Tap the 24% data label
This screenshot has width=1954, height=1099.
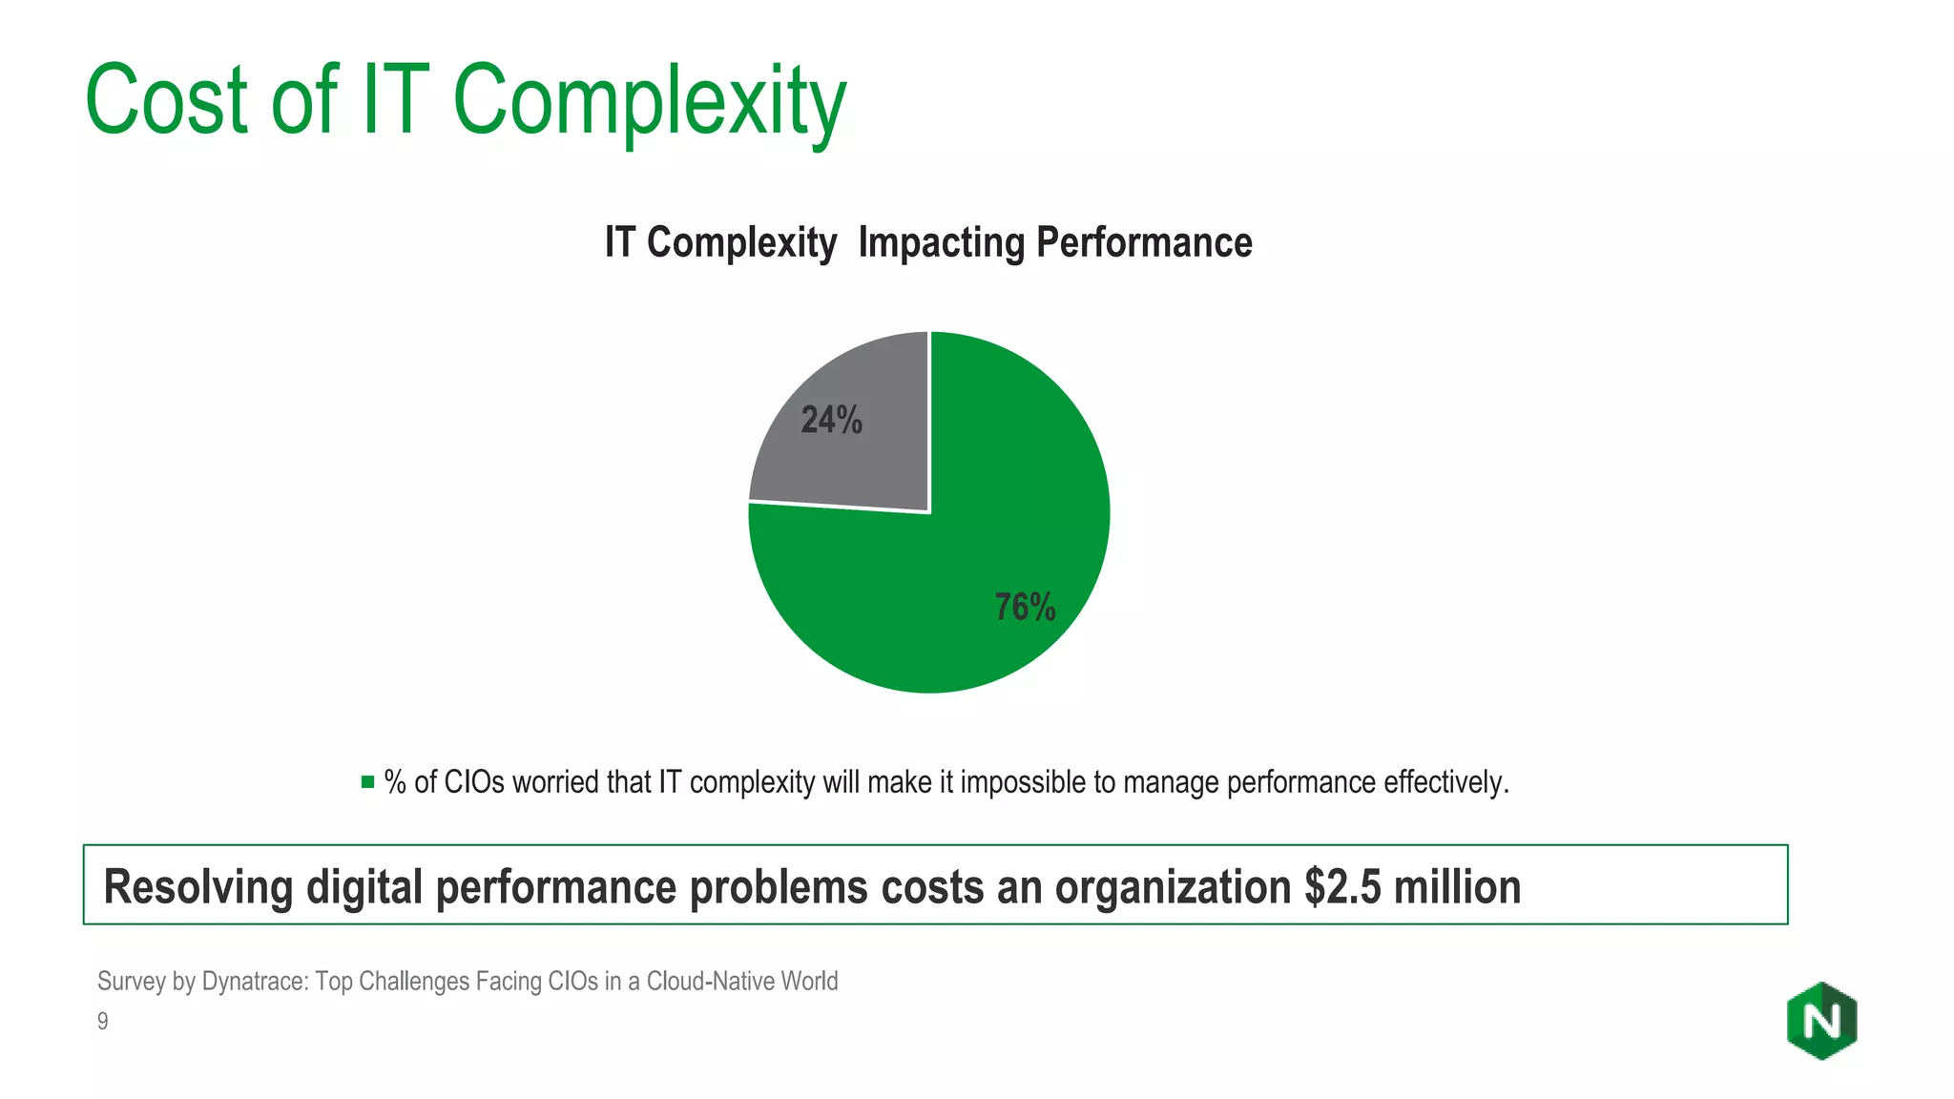pos(831,420)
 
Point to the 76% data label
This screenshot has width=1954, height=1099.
pos(1025,607)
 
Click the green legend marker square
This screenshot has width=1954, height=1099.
pos(367,782)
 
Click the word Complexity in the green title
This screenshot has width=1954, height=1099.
pos(649,101)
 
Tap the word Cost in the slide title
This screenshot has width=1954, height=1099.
pos(167,101)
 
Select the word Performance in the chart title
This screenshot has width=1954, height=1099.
pos(1144,242)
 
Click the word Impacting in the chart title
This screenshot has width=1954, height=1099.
pos(941,242)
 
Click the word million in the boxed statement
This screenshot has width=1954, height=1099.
pos(1457,886)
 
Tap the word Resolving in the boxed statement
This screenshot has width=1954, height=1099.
pos(197,886)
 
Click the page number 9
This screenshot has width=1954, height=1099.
pos(103,1021)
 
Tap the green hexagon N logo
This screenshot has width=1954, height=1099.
pos(1821,1021)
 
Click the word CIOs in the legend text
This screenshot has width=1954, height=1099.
pos(474,782)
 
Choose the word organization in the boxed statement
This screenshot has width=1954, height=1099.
pos(1173,886)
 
